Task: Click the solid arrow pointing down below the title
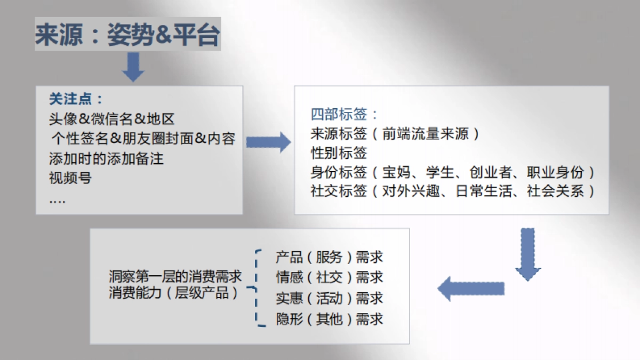click(133, 67)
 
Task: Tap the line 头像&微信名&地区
click(112, 119)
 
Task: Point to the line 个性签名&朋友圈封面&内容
click(143, 139)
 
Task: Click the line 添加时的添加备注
click(106, 158)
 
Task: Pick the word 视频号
click(70, 178)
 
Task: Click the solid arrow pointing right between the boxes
click(268, 141)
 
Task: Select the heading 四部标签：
click(345, 114)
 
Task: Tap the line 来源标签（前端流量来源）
click(395, 134)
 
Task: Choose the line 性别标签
click(339, 153)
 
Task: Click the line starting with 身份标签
click(453, 172)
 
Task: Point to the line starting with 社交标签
click(453, 191)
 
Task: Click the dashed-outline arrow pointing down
click(527, 254)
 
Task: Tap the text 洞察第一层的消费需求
click(175, 276)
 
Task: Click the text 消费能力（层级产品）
click(174, 293)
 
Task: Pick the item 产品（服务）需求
click(329, 258)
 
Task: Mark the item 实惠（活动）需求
click(329, 298)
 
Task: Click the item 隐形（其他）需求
click(329, 319)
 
